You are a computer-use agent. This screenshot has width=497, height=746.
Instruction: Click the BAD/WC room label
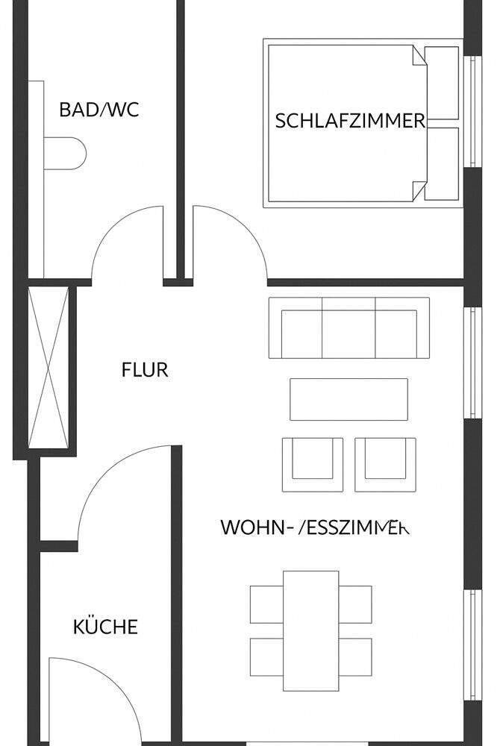(99, 110)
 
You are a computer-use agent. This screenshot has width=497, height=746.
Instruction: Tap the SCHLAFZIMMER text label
(350, 121)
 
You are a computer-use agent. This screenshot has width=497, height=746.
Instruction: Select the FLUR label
(145, 369)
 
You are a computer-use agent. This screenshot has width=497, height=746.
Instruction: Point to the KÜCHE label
(105, 627)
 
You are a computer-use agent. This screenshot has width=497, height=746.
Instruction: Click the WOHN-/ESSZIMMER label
(314, 527)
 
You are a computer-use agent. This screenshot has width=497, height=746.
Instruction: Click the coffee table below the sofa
(348, 399)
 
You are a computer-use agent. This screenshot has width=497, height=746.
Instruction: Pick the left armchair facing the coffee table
(312, 463)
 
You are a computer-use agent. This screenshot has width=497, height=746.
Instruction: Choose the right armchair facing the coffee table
(385, 463)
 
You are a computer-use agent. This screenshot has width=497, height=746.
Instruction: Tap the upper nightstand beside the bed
(442, 82)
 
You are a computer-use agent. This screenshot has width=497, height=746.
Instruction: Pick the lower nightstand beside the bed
(442, 163)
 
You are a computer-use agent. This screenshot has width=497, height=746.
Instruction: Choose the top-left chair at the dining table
(266, 604)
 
